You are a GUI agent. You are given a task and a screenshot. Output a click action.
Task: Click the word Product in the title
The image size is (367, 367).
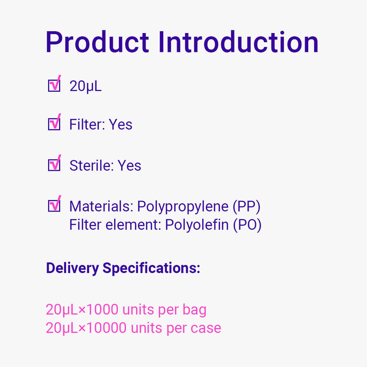pyautogui.click(x=97, y=42)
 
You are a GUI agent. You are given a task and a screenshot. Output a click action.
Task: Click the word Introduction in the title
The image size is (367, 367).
pyautogui.click(x=239, y=42)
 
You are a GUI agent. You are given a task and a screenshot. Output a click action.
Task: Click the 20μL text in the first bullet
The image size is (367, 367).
pyautogui.click(x=86, y=86)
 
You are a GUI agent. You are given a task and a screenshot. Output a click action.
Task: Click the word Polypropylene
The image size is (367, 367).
pyautogui.click(x=183, y=207)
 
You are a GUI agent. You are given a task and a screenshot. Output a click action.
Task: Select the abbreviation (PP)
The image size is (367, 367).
pyautogui.click(x=246, y=207)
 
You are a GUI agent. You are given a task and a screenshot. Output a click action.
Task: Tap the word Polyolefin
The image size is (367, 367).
pyautogui.click(x=197, y=225)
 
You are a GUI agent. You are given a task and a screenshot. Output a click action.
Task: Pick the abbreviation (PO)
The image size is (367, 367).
pyautogui.click(x=247, y=225)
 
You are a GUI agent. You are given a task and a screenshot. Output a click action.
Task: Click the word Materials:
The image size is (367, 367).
pyautogui.click(x=101, y=206)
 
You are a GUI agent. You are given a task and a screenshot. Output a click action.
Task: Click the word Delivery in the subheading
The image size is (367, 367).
pyautogui.click(x=72, y=268)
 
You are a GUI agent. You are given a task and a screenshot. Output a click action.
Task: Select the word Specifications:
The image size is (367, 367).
pyautogui.click(x=151, y=268)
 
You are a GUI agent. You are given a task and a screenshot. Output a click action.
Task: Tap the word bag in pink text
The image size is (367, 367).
pyautogui.click(x=195, y=310)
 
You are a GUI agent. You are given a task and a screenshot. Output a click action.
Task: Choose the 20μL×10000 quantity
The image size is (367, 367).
pyautogui.click(x=86, y=328)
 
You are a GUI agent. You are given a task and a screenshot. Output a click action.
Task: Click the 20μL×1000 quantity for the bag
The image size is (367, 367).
pyautogui.click(x=82, y=310)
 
